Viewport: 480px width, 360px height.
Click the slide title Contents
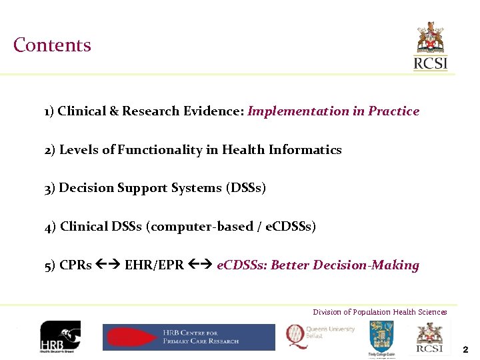52,45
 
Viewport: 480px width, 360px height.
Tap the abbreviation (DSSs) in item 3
246,188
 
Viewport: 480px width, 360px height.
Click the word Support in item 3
145,188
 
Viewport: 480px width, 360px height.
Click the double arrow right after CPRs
108,265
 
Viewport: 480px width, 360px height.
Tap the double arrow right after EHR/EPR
200,265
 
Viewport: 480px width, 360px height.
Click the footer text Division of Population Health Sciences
380,312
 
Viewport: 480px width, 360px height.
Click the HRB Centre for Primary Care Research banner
188,337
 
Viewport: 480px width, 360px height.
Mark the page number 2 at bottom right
465,349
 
